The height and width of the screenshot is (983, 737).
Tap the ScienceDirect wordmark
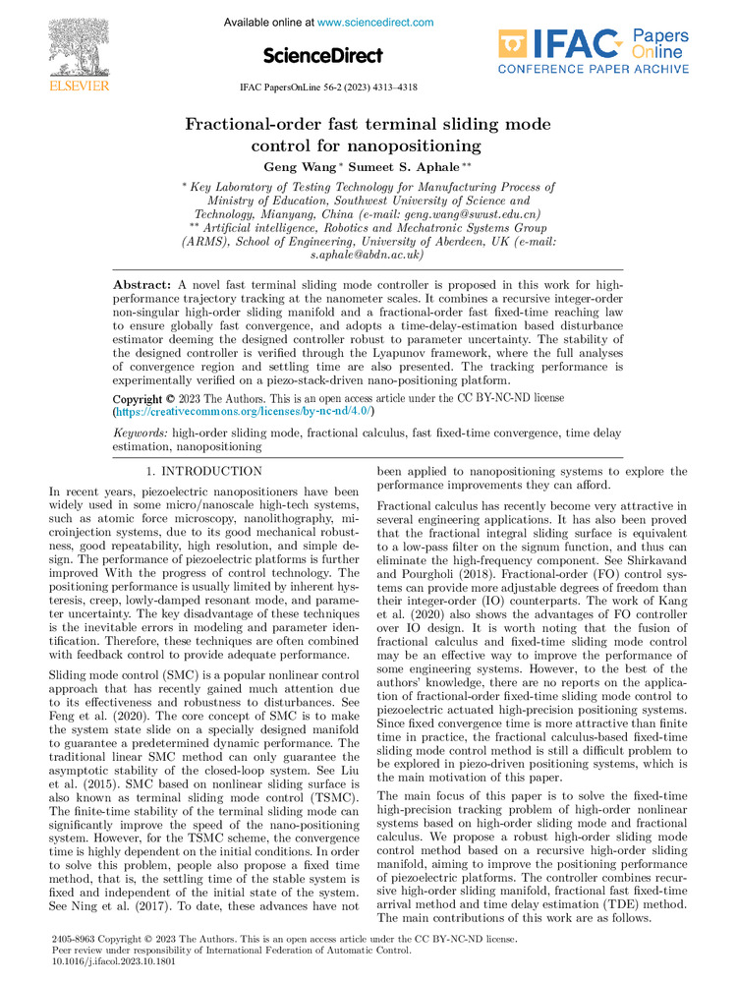[x=323, y=55]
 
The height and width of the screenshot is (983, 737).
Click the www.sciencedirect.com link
[x=375, y=22]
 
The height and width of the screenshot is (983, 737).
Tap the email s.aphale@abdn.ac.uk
[x=367, y=255]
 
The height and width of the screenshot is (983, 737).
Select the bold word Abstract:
[x=143, y=284]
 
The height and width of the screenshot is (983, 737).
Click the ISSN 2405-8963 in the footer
[x=74, y=941]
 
